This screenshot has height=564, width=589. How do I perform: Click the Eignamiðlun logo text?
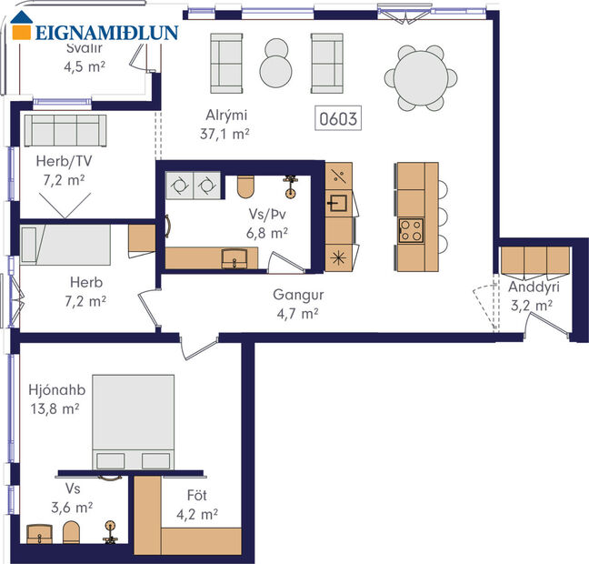106,34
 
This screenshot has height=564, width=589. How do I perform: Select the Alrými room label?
224,116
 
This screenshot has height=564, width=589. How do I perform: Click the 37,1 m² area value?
224,133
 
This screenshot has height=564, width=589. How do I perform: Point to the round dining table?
421,78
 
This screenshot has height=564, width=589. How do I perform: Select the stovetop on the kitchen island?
410,230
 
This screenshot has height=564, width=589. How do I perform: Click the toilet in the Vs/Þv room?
245,186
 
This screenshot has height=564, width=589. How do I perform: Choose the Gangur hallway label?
298,296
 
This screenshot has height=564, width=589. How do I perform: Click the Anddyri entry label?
534,287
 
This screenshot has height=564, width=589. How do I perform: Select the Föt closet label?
197,497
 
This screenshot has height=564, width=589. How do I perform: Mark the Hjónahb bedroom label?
56,390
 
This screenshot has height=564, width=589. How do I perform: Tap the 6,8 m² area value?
267,232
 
